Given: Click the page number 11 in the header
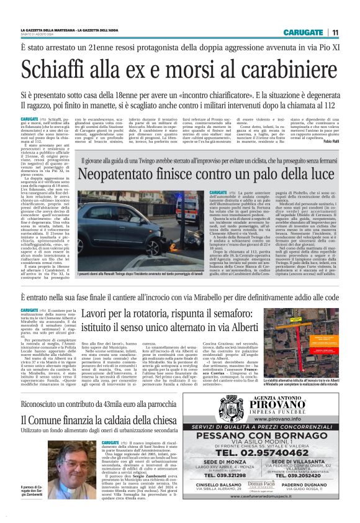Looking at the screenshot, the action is [336, 32].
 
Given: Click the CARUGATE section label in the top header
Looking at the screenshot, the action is [303, 32].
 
